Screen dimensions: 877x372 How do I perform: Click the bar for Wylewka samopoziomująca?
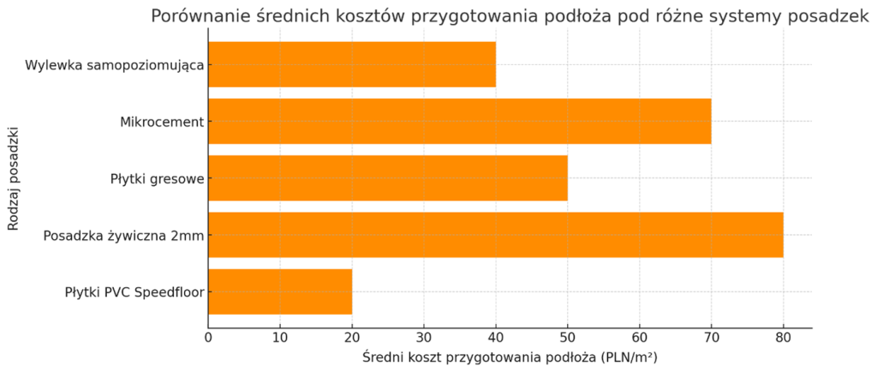[352, 64]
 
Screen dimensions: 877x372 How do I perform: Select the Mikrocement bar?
[460, 122]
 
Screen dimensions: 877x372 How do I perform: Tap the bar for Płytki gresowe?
[388, 178]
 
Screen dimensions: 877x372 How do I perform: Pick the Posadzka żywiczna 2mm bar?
[496, 235]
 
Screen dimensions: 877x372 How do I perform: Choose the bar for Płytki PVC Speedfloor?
[280, 291]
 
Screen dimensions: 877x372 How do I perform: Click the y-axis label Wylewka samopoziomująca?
[114, 65]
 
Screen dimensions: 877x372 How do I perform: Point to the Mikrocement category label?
[162, 122]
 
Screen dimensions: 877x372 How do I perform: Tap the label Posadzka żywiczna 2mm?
[123, 236]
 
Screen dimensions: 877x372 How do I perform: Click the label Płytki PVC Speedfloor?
[133, 292]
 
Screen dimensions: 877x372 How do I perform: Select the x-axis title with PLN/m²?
[510, 357]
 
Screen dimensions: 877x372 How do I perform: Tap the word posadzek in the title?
[834, 18]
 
